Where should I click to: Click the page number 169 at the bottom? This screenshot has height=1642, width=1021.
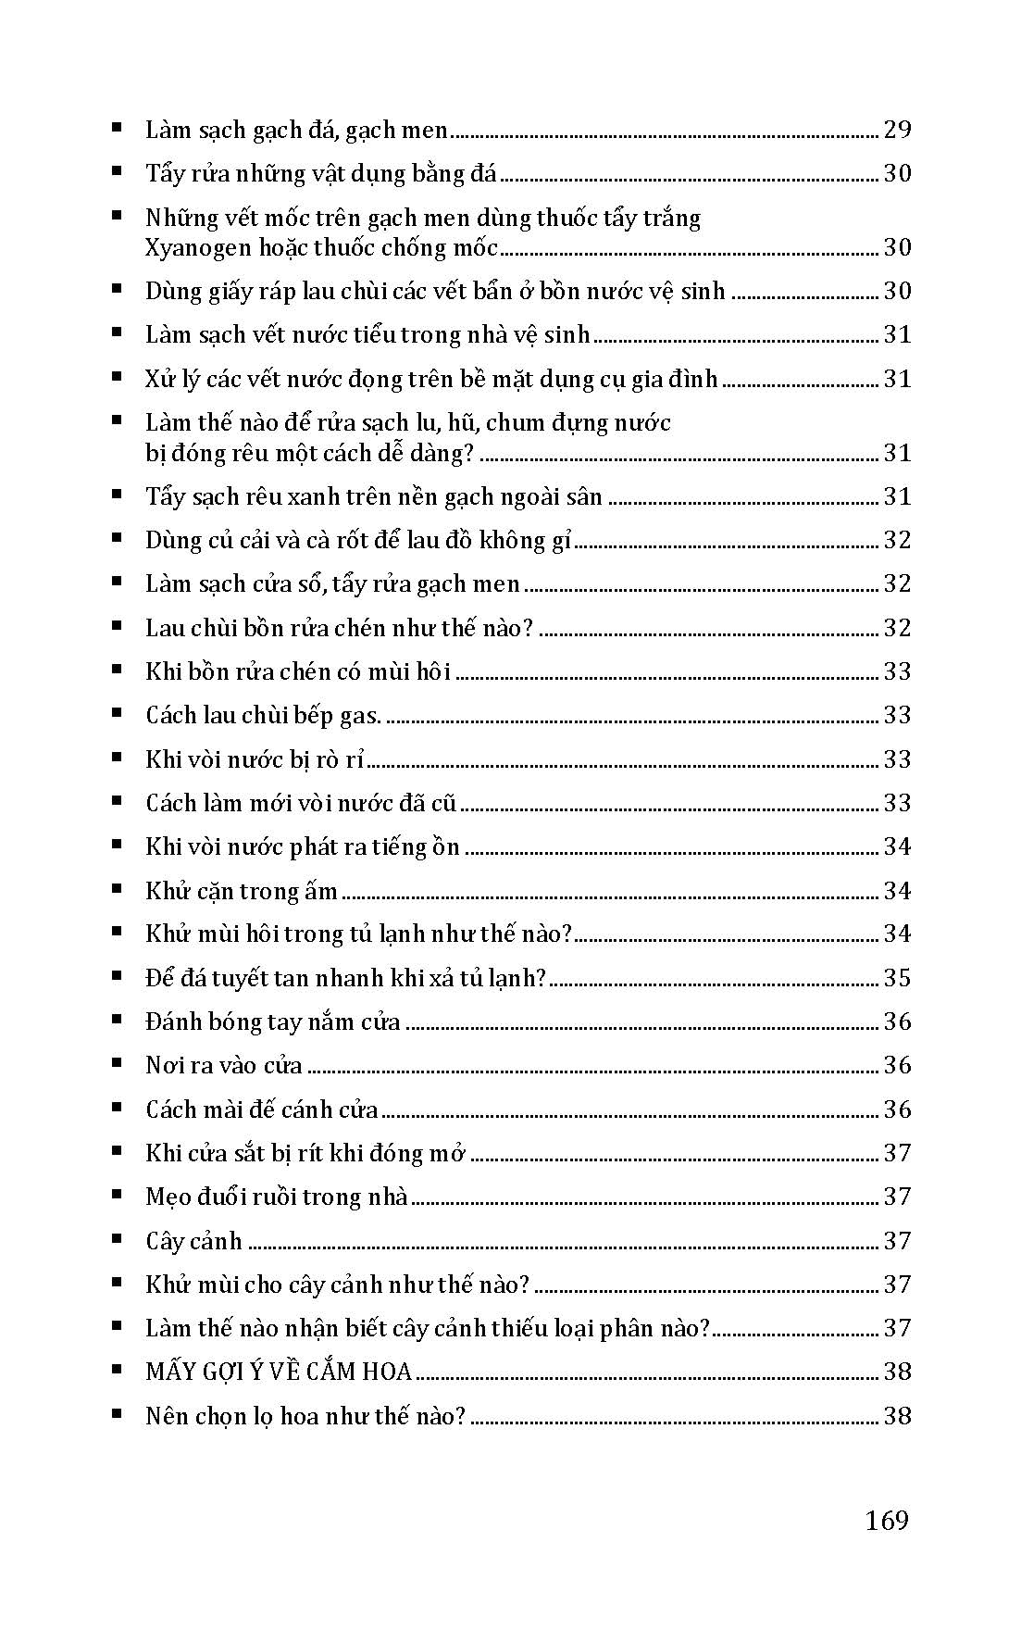click(x=887, y=1520)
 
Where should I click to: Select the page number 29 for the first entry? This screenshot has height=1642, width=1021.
click(x=897, y=130)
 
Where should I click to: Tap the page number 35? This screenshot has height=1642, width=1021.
click(x=897, y=978)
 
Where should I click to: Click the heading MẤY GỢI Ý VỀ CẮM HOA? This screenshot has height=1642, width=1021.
click(x=278, y=1372)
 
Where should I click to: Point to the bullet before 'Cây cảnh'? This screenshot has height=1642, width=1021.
click(x=116, y=1239)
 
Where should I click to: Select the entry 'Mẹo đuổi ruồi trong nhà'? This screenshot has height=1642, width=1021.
click(x=277, y=1197)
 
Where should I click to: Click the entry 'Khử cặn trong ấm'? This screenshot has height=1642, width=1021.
click(x=242, y=891)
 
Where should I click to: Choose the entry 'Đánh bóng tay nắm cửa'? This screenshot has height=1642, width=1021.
click(x=273, y=1022)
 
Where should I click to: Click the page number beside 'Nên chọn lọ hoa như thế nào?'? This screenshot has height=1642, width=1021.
click(x=897, y=1416)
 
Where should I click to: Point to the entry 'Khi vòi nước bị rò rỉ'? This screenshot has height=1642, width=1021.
click(x=255, y=759)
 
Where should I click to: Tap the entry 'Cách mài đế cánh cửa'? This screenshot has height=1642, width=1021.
click(x=262, y=1109)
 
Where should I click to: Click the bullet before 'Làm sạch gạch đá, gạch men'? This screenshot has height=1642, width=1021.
click(x=116, y=128)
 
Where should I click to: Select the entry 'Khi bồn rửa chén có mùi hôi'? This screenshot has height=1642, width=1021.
click(x=298, y=671)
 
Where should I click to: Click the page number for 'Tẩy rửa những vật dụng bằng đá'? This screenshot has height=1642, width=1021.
click(x=897, y=174)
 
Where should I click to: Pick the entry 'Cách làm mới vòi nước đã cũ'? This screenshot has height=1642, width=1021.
click(x=301, y=803)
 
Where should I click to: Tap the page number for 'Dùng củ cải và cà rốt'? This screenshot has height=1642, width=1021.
click(x=897, y=540)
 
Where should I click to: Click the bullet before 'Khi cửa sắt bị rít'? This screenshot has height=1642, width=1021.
click(x=116, y=1151)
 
